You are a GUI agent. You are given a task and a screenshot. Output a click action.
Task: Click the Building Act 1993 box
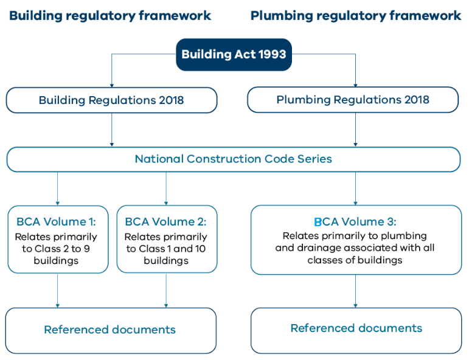(x=234, y=54)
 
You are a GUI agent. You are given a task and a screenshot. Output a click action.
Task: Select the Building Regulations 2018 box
(x=111, y=100)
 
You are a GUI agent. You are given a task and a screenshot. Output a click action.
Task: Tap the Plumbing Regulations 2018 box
(x=353, y=100)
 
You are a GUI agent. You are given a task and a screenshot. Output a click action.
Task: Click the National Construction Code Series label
(x=234, y=159)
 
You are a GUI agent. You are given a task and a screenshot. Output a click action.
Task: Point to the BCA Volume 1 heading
(x=56, y=221)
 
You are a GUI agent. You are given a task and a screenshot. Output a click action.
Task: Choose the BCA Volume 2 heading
(x=165, y=221)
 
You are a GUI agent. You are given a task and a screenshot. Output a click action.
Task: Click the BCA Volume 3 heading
(x=355, y=221)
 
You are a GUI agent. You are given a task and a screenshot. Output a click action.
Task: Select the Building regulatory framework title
(x=110, y=16)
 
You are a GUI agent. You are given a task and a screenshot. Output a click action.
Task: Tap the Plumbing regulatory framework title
(x=356, y=16)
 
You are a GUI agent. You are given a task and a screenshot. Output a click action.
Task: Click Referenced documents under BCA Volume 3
(x=356, y=328)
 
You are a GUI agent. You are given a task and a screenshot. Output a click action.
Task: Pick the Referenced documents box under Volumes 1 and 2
(x=111, y=331)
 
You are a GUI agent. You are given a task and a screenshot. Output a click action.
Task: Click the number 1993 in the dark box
(x=272, y=54)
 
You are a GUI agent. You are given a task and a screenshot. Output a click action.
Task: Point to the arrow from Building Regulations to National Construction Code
(x=112, y=130)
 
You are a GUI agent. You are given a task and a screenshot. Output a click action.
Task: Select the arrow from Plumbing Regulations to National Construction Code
(x=355, y=130)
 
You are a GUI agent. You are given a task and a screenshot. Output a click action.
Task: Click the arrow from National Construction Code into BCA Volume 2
(x=166, y=189)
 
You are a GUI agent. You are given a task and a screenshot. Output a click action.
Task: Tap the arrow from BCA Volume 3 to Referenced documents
(x=355, y=291)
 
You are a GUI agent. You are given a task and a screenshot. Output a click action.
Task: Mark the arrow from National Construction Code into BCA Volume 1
(x=57, y=189)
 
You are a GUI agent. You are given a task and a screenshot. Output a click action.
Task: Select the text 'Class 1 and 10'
(x=172, y=249)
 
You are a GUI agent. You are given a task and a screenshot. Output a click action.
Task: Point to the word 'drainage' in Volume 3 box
(x=319, y=248)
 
